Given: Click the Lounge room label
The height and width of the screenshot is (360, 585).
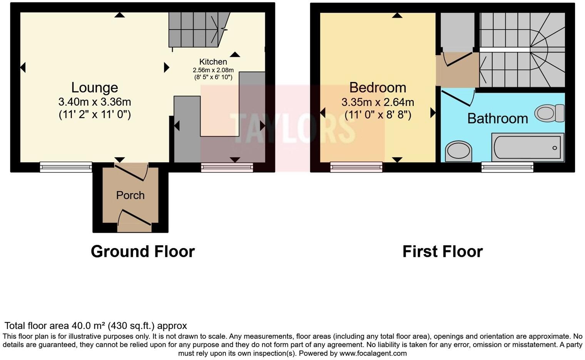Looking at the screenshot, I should (94, 88).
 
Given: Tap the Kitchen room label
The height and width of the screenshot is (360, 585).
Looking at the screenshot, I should (213, 62).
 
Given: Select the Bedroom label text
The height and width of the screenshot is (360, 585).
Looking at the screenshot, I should (378, 88).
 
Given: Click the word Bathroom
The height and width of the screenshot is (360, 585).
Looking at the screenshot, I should (497, 118).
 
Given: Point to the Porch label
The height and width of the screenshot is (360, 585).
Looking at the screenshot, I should (130, 195).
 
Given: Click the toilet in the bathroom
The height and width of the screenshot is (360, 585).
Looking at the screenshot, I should (549, 113).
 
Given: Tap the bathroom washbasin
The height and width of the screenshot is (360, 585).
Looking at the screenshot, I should (458, 151).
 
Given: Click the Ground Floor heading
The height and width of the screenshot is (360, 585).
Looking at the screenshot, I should (143, 252).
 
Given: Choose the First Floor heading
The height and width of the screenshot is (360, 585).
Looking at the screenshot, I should (442, 252).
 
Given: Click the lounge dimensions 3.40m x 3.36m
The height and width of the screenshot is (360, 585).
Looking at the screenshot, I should (95, 102).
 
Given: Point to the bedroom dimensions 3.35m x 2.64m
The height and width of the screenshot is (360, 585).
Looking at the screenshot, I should (378, 102).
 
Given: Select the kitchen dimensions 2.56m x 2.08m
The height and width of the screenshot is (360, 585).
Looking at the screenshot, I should (213, 70).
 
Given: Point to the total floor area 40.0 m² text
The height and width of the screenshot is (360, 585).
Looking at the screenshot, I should (95, 326).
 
